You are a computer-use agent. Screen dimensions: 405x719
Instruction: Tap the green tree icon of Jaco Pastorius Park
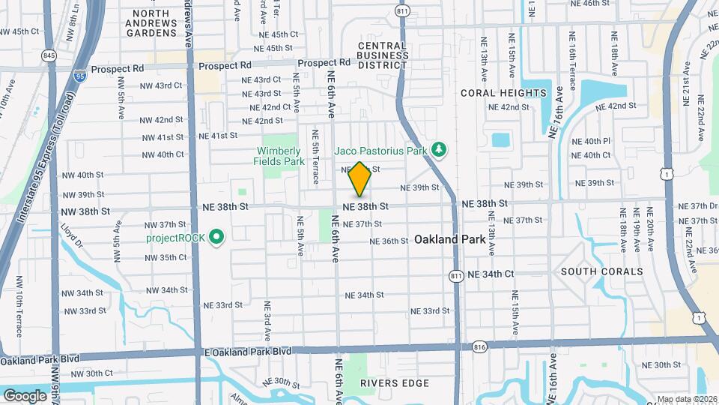[x=440, y=151]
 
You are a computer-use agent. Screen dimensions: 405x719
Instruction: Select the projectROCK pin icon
[x=216, y=238]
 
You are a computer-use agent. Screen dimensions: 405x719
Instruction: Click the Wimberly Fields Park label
[x=283, y=155]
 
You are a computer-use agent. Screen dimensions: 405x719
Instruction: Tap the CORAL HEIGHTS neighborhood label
[x=503, y=93]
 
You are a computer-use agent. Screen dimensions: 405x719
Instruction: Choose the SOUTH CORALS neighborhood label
[x=601, y=271]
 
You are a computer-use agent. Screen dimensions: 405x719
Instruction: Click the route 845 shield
[x=49, y=55]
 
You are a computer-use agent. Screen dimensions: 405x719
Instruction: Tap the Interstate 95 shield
[x=79, y=75]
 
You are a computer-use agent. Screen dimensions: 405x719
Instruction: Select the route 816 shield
[x=479, y=347]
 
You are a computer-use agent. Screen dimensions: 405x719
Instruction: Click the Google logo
[x=25, y=395]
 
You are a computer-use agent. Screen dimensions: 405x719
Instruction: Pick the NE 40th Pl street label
[x=591, y=141]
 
